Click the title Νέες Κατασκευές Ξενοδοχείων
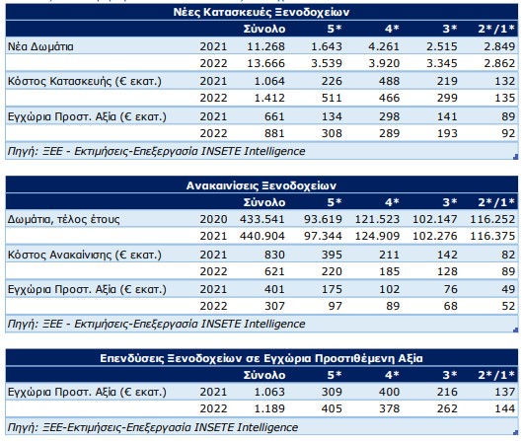(x=262, y=13)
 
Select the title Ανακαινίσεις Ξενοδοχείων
(x=262, y=185)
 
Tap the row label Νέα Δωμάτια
(x=40, y=46)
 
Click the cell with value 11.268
(x=266, y=46)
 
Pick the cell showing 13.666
(x=266, y=63)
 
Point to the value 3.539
(x=327, y=63)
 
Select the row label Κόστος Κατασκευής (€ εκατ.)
(x=85, y=81)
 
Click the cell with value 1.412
(x=269, y=98)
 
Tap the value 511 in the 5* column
(x=332, y=98)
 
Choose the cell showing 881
(x=274, y=133)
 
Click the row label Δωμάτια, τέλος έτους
(x=63, y=219)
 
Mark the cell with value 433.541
(x=262, y=219)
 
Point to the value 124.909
(x=377, y=236)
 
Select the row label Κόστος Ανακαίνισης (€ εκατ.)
(x=85, y=255)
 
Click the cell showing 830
(x=274, y=255)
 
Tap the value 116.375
(x=492, y=236)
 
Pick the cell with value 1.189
(x=269, y=408)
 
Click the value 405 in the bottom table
(x=332, y=408)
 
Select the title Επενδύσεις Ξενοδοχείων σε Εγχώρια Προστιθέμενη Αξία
(x=262, y=358)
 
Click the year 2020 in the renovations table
(x=213, y=219)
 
